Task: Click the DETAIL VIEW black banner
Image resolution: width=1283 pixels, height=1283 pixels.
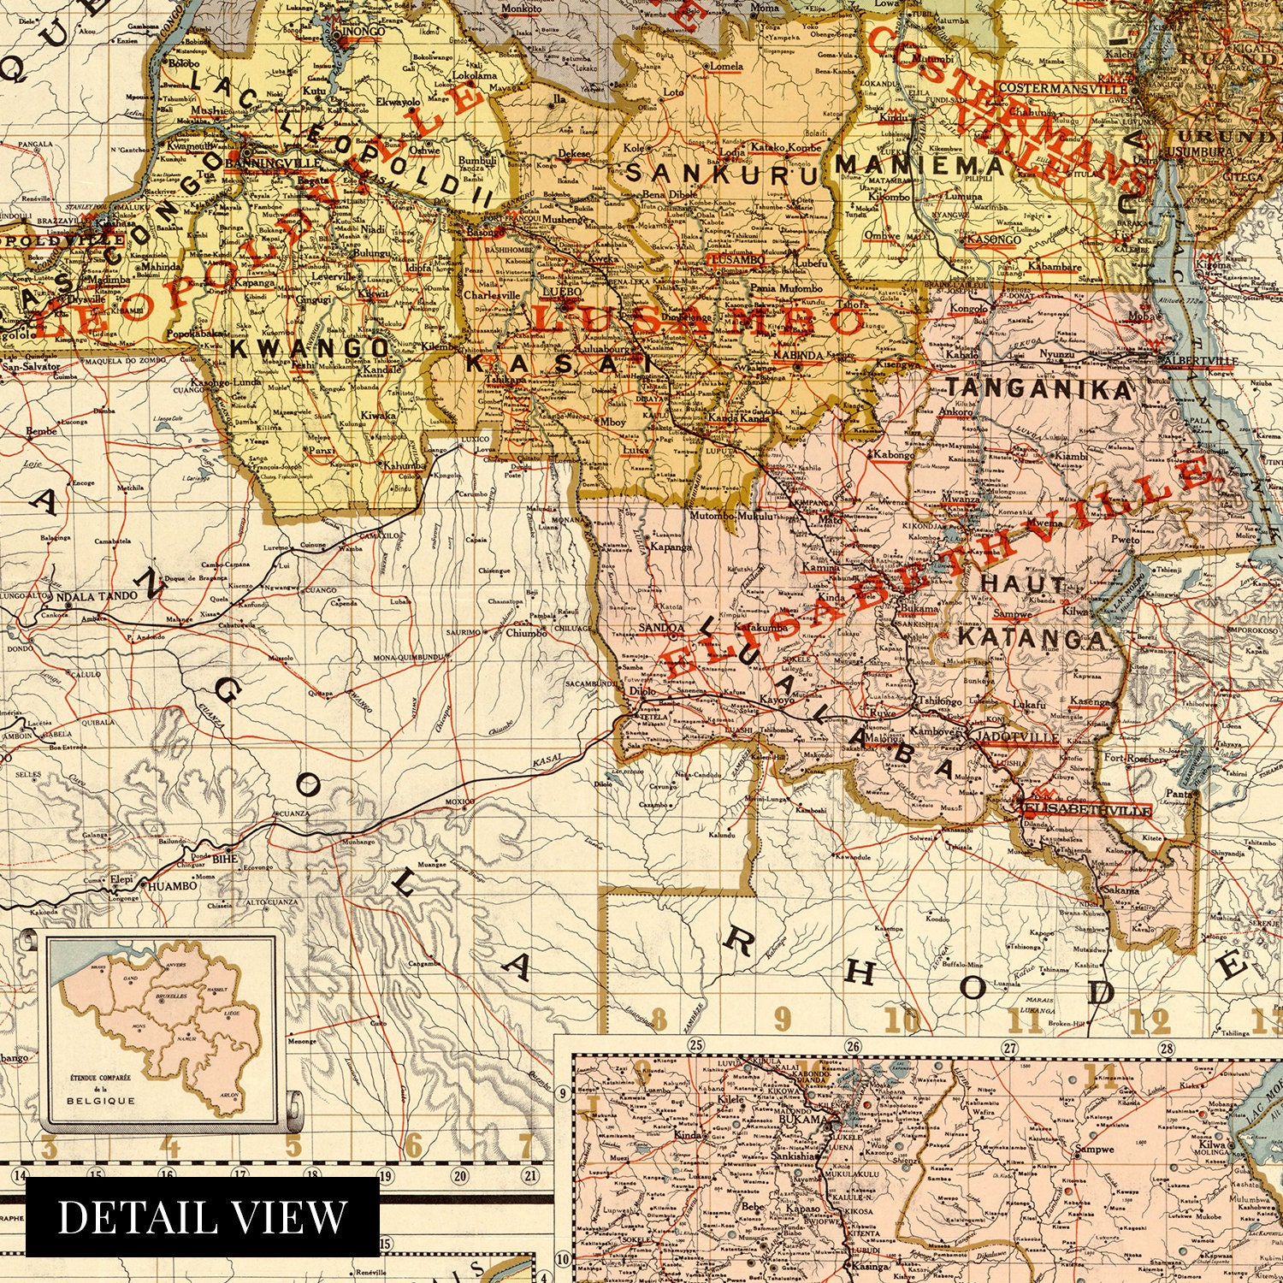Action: [x=202, y=1216]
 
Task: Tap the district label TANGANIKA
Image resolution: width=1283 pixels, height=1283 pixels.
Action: [x=1039, y=389]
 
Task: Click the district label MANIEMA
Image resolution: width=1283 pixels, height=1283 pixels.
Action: [x=920, y=164]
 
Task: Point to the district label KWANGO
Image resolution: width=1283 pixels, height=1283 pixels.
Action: [x=310, y=348]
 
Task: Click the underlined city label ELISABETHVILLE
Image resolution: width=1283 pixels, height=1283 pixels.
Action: [x=1086, y=808]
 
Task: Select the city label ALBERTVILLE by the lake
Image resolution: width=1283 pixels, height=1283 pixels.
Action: [x=1197, y=360]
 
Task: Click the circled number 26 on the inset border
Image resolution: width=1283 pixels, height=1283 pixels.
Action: [x=853, y=1046]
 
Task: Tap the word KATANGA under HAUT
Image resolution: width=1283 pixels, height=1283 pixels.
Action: [x=1031, y=637]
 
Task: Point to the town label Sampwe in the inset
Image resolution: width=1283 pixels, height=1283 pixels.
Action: [x=1095, y=1150]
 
